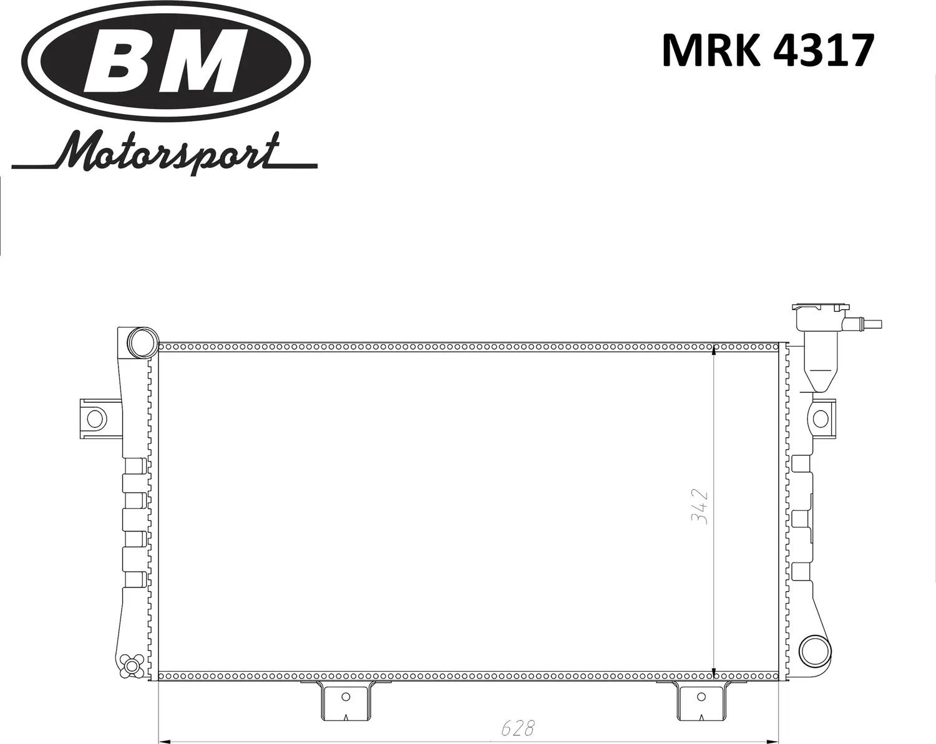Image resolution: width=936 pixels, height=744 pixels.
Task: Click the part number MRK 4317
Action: [x=767, y=51]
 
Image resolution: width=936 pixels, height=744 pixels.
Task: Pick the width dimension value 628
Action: [x=518, y=727]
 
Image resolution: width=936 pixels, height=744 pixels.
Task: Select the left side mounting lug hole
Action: [x=95, y=418]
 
